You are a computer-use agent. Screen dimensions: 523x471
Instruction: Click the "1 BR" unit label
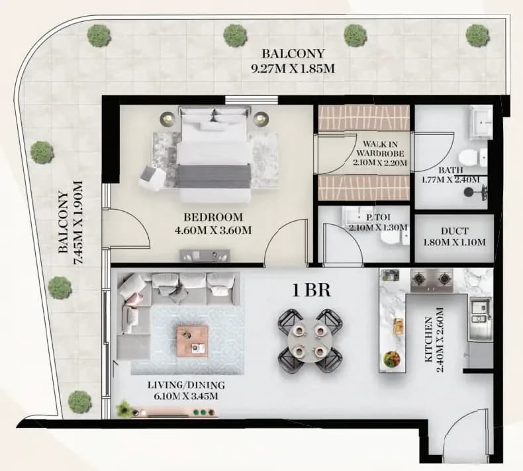[x=312, y=290]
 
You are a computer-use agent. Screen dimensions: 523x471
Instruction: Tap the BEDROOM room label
[x=213, y=218]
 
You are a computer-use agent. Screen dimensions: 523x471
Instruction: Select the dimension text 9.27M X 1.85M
[x=293, y=69]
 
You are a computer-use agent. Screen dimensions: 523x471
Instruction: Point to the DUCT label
[x=454, y=231]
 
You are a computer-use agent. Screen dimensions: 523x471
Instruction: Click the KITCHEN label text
[x=428, y=339]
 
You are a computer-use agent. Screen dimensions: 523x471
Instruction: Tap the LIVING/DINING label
[x=186, y=385]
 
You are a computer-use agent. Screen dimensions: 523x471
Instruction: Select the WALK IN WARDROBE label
[x=380, y=149]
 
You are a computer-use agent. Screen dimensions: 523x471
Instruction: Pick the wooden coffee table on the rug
[x=193, y=341]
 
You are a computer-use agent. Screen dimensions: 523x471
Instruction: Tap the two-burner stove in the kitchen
[x=432, y=278]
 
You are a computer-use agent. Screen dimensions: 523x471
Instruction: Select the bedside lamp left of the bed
[x=167, y=118]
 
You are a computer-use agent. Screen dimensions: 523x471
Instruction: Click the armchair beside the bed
[x=152, y=179]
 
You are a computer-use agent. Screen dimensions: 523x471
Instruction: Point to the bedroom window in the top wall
[x=251, y=100]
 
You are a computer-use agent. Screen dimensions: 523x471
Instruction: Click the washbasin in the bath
[x=481, y=122]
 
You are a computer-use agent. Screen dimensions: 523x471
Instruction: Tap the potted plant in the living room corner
[x=124, y=407]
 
